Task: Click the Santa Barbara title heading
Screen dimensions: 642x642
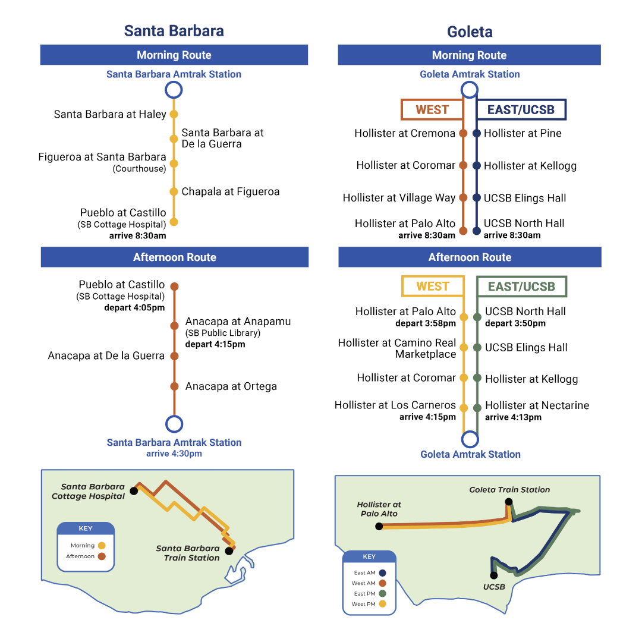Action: (174, 31)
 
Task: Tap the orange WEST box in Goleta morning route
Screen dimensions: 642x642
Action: (432, 109)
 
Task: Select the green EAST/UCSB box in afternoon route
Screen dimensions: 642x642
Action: (521, 287)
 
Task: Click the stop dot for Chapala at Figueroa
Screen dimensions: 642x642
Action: (174, 191)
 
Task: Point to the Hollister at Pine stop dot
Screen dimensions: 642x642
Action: (476, 134)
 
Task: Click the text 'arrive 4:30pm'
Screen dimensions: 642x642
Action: (174, 454)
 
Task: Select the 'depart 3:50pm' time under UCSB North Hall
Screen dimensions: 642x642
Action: (515, 323)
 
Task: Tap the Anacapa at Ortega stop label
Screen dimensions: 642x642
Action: (231, 386)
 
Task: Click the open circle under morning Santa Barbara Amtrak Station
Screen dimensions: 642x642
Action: (174, 90)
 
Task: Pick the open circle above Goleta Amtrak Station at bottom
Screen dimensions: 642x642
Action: (470, 439)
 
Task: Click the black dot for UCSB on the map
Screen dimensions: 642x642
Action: (493, 575)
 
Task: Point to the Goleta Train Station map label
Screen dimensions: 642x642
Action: (509, 490)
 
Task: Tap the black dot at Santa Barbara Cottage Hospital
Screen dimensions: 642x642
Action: (133, 492)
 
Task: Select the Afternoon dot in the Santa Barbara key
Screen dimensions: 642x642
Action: (102, 556)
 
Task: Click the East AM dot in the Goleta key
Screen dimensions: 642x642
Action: (382, 573)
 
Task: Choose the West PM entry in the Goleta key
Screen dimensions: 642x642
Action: (369, 604)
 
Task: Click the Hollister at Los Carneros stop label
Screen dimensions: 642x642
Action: (395, 405)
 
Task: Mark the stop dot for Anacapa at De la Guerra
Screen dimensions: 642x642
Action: (174, 356)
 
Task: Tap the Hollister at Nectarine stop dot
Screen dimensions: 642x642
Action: (477, 408)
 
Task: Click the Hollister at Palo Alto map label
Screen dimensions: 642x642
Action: (379, 509)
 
